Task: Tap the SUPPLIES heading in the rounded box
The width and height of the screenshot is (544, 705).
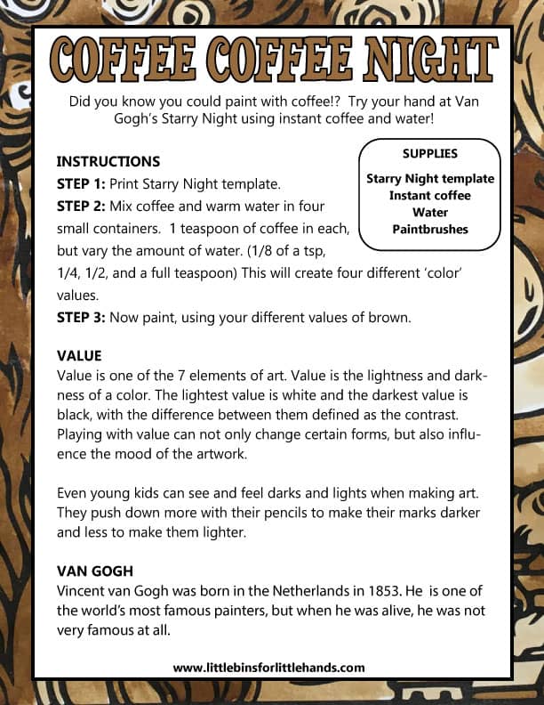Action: coord(429,154)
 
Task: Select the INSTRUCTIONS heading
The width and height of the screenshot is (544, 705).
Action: coord(108,162)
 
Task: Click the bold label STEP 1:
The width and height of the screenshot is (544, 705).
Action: coord(81,184)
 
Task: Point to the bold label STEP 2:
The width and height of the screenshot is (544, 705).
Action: coord(81,207)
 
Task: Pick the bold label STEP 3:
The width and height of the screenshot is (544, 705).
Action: coord(81,316)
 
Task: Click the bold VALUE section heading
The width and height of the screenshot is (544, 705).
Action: coord(79,355)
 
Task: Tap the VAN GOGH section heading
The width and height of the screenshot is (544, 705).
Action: coord(95,571)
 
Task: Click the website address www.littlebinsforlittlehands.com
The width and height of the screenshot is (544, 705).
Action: coord(268,668)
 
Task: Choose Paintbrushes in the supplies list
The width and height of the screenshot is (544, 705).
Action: coord(429,230)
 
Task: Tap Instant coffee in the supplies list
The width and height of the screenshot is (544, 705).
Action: coord(429,196)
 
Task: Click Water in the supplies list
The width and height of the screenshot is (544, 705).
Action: coord(429,213)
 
